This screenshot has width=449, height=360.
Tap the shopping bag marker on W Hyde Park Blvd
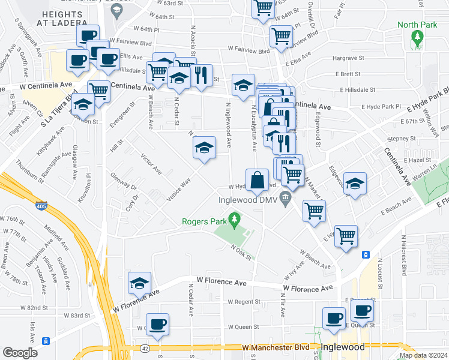pyautogui.click(x=257, y=181)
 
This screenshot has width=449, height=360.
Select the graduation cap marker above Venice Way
pyautogui.click(x=204, y=148)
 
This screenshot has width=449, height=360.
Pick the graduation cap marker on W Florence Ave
pyautogui.click(x=139, y=283)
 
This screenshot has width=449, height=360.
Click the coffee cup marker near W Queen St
pyautogui.click(x=157, y=325)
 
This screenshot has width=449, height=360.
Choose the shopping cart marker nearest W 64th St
pyautogui.click(x=263, y=8)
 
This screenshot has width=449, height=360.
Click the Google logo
pyautogui.click(x=20, y=352)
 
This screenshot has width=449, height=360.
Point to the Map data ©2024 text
pyautogui.click(x=423, y=355)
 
